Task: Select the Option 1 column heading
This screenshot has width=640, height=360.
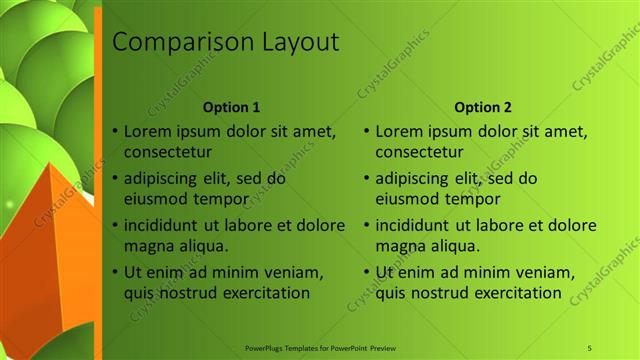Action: tap(231, 107)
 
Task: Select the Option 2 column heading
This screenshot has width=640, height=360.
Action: tap(482, 107)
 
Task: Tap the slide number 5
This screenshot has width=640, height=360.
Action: tap(589, 347)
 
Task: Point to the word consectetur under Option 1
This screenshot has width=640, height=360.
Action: tap(167, 152)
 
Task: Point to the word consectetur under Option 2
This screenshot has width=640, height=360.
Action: tap(419, 152)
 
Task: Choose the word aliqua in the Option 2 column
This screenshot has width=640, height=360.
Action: tap(456, 244)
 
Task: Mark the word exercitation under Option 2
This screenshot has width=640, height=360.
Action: tap(508, 292)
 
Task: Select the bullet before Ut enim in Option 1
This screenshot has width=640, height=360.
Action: tap(115, 272)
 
